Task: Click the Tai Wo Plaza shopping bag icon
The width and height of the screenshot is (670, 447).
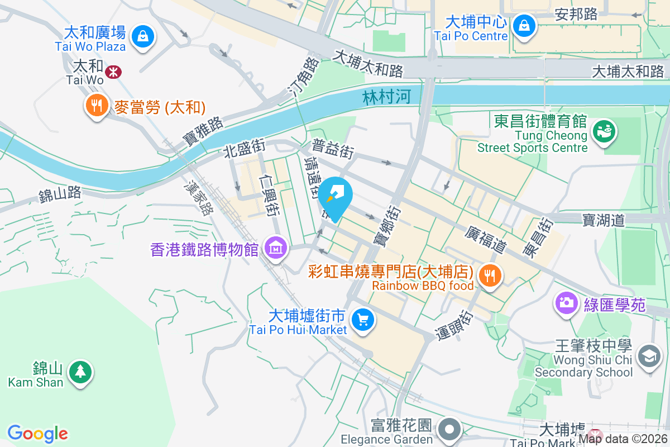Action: point(143,37)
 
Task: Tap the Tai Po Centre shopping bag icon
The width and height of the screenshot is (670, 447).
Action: point(524,25)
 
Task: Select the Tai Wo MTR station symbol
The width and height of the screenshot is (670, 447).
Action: point(113,72)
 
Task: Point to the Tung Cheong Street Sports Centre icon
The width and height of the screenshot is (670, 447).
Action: point(604,131)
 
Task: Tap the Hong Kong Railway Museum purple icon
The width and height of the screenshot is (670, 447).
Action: point(275,246)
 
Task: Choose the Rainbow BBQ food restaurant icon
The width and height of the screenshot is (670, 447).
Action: point(490,275)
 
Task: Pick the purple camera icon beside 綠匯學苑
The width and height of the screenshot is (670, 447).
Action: point(566,303)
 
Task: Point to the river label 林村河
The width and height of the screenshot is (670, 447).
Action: point(386,97)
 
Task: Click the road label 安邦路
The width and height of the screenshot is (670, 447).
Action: point(576,14)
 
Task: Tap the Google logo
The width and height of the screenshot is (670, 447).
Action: point(37,434)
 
